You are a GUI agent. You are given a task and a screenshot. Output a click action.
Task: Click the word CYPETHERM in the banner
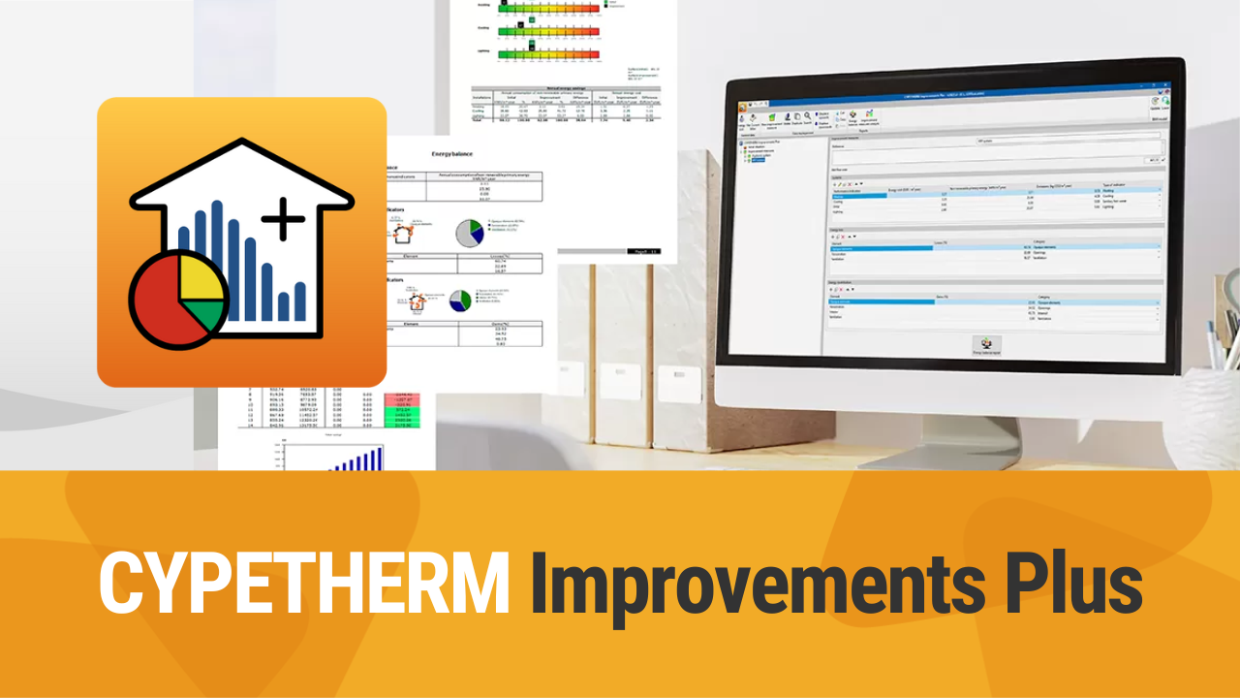click(x=304, y=582)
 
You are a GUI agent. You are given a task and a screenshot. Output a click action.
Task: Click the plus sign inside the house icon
click(x=283, y=220)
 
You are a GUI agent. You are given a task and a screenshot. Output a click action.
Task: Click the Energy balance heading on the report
click(x=457, y=153)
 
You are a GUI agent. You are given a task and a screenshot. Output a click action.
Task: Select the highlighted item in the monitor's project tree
click(x=757, y=159)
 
